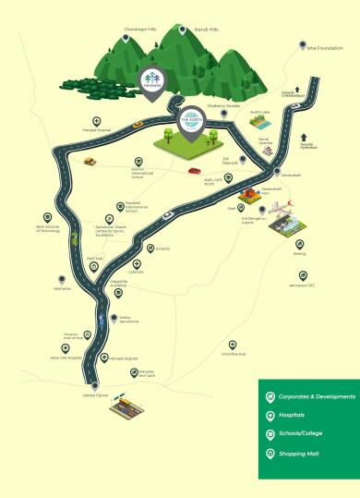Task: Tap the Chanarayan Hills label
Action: [140, 29]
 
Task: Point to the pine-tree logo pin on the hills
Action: [152, 80]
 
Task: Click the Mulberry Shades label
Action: [224, 105]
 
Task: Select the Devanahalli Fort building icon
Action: [252, 196]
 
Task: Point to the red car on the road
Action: [194, 171]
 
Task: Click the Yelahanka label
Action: [62, 288]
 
